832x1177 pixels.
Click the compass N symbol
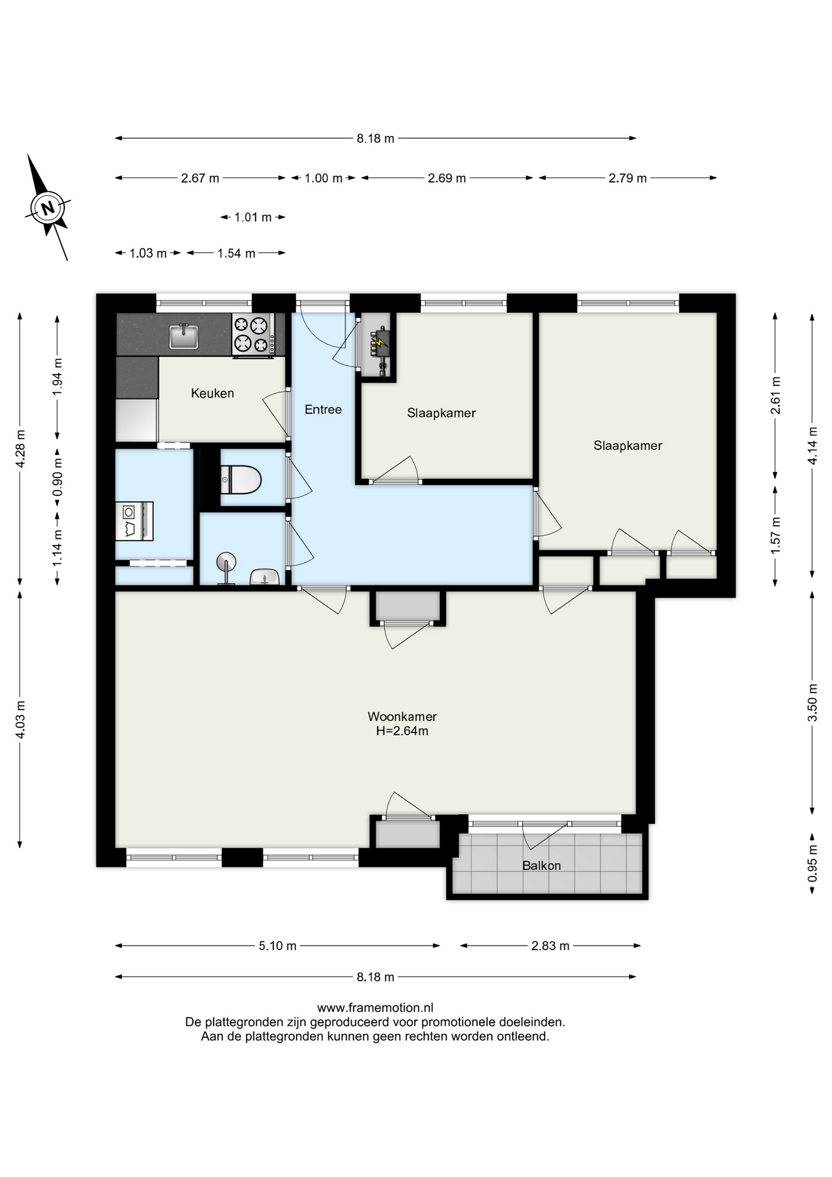click(x=48, y=207)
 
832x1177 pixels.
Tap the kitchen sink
click(x=184, y=336)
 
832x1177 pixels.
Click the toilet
click(x=241, y=479)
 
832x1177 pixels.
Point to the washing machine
click(x=134, y=521)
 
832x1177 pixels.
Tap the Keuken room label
click(x=213, y=394)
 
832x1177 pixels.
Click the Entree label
click(x=323, y=409)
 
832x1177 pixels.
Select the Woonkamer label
click(x=402, y=716)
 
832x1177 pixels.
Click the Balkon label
click(x=542, y=866)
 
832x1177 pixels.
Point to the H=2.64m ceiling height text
click(x=402, y=731)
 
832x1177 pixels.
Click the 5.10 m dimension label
click(x=278, y=946)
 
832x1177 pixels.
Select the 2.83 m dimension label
click(x=550, y=946)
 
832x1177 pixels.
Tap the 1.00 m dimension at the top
click(x=323, y=178)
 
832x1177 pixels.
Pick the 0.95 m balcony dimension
click(x=813, y=863)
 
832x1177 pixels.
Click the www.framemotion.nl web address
click(x=375, y=1008)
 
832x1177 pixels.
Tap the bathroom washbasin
click(x=265, y=577)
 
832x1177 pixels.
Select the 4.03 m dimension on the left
click(x=20, y=719)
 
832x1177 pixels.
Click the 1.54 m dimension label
click(x=236, y=253)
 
